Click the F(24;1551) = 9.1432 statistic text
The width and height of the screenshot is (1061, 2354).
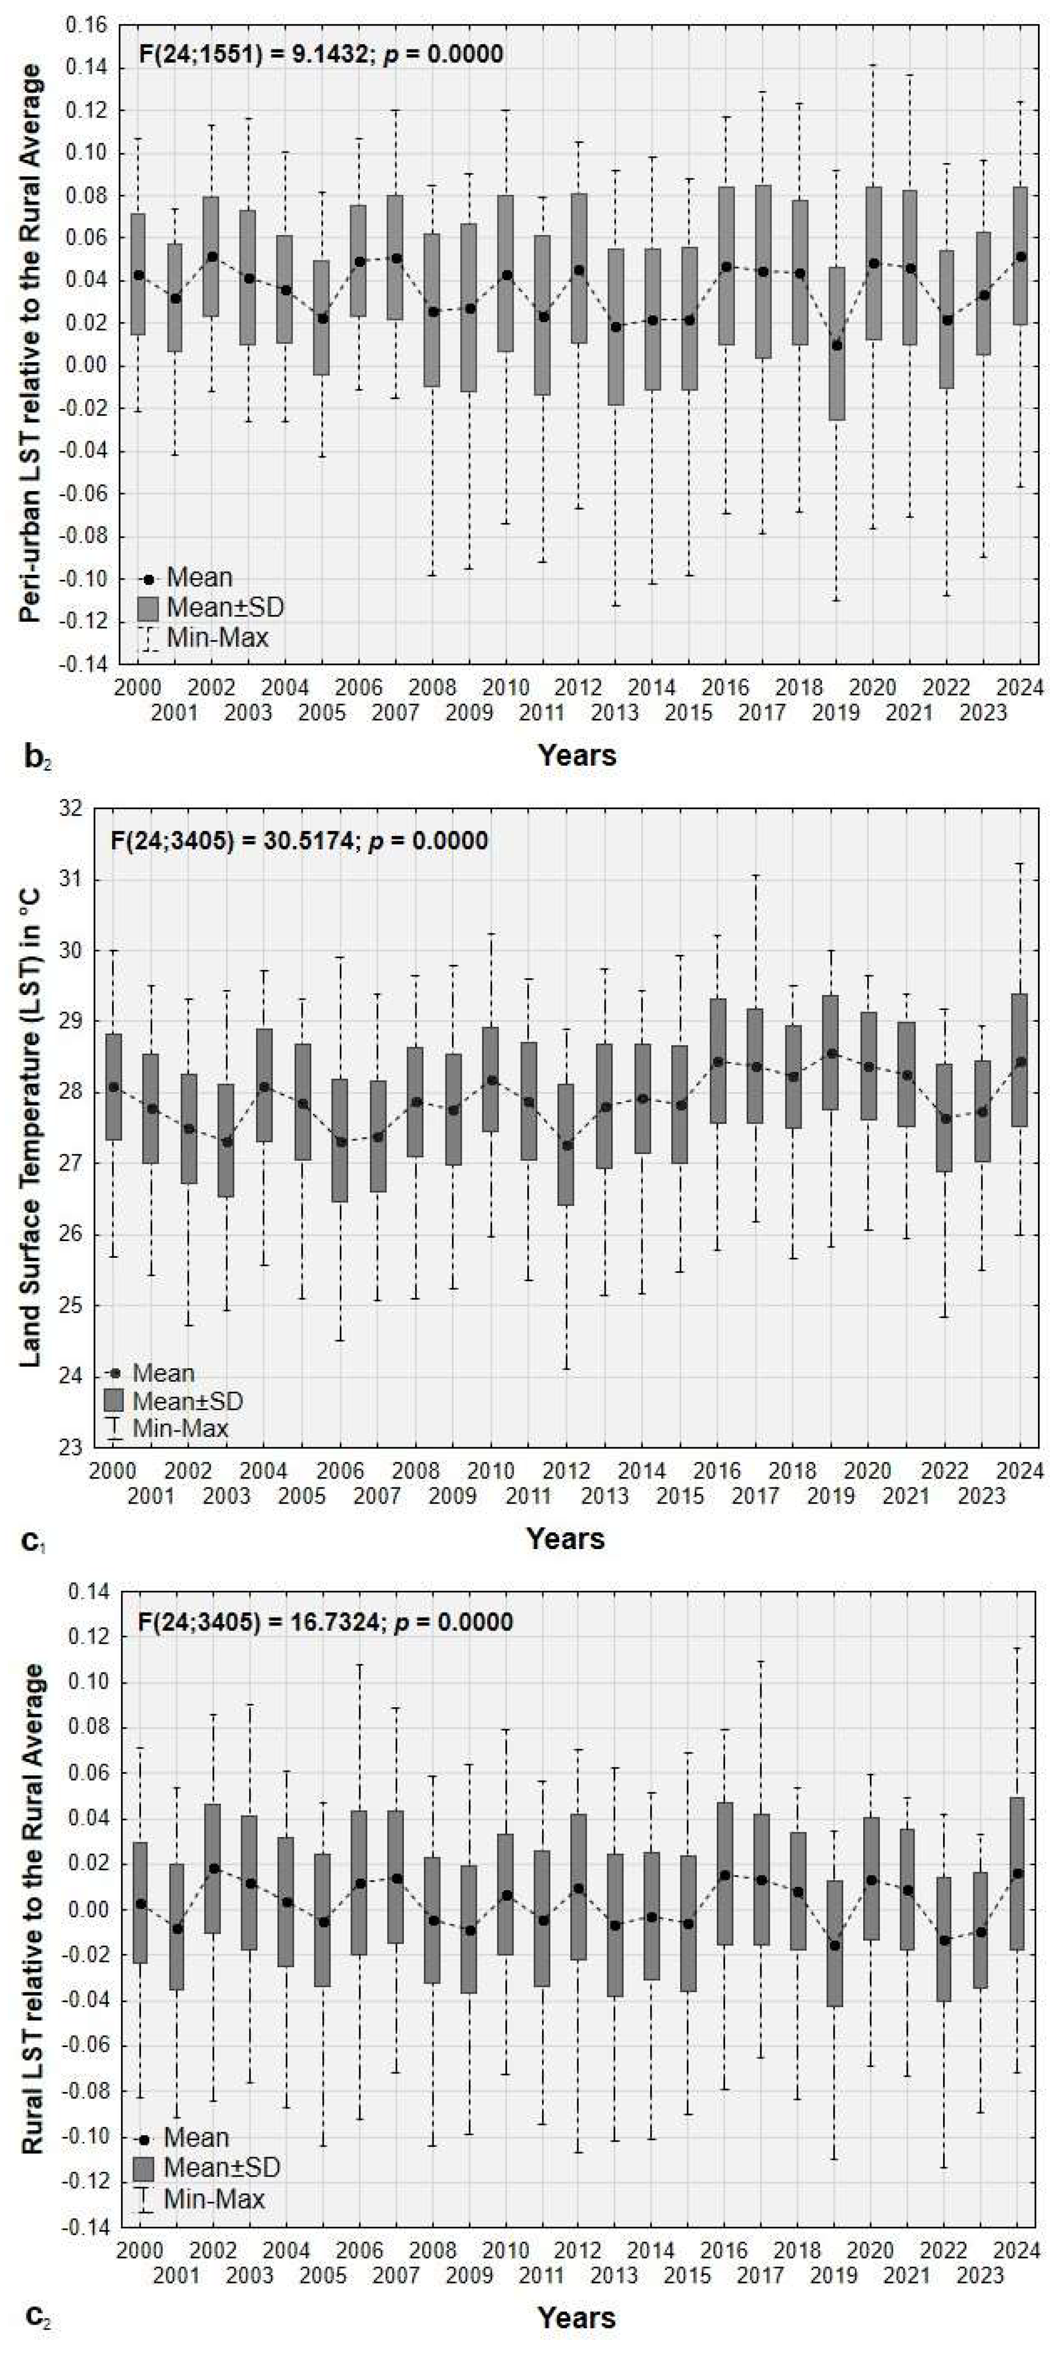coord(320,54)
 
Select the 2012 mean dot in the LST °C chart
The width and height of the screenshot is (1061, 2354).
coord(566,1145)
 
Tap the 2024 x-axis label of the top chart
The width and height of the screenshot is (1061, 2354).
coord(1019,687)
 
